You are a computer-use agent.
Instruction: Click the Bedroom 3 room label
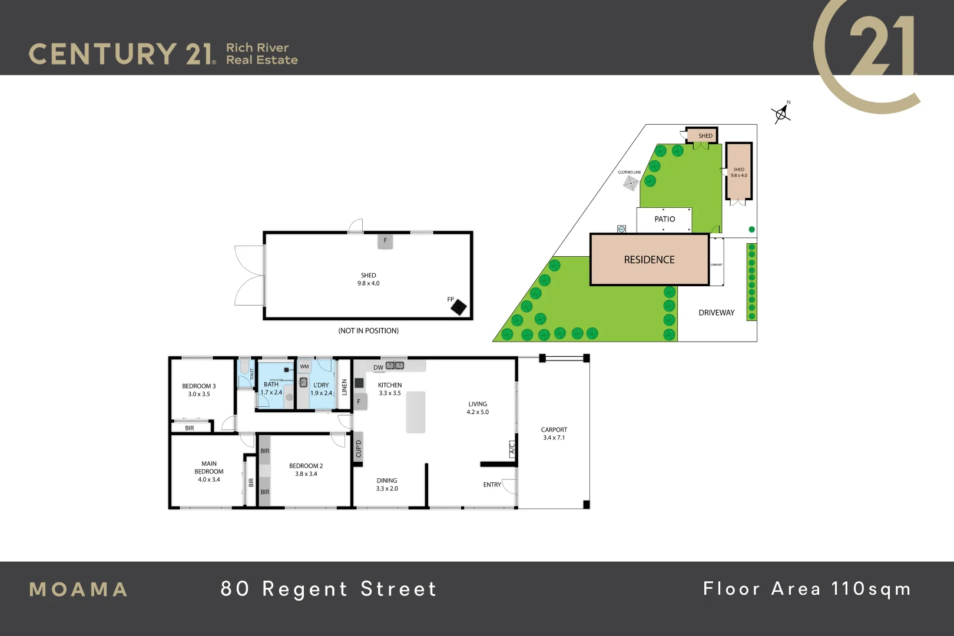tap(199, 390)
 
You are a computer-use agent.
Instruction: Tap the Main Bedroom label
tap(209, 471)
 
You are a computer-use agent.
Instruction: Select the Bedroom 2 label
tap(306, 469)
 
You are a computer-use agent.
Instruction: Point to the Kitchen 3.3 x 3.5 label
tap(389, 389)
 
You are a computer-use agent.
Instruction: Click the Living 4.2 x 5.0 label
tap(478, 408)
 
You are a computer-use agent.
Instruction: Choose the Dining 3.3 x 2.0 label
tap(387, 484)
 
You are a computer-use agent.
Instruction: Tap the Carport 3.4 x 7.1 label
tap(554, 433)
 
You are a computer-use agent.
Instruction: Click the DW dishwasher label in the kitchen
tap(378, 367)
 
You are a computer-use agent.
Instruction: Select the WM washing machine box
tap(304, 366)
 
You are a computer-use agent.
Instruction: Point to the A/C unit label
tap(512, 449)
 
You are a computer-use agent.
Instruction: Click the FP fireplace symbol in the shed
tap(458, 307)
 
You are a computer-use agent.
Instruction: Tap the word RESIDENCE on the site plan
tap(649, 260)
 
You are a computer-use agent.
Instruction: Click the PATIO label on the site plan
tap(665, 219)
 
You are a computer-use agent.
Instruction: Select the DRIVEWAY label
tap(716, 313)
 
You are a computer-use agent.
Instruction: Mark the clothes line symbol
tap(631, 183)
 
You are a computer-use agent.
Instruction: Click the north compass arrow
tap(781, 113)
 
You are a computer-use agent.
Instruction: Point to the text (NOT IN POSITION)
tap(368, 331)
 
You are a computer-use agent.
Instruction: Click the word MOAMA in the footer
tap(79, 589)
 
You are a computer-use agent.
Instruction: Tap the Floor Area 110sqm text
tap(807, 589)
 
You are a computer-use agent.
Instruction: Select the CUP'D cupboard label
tap(358, 449)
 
